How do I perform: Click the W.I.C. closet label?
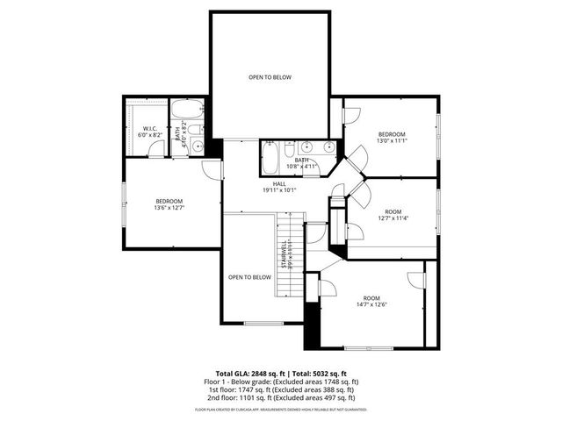[x=148, y=129]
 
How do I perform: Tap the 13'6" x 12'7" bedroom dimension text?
[x=169, y=208]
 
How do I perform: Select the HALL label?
[x=278, y=183]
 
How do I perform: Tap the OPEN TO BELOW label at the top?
[x=269, y=77]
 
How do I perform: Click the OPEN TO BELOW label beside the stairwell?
[x=249, y=277]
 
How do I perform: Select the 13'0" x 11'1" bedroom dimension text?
[x=391, y=140]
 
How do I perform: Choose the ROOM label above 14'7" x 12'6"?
[x=371, y=297]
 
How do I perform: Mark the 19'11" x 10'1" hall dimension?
[x=278, y=189]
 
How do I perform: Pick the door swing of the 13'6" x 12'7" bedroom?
[x=212, y=169]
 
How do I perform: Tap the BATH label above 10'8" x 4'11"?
[x=301, y=161]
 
